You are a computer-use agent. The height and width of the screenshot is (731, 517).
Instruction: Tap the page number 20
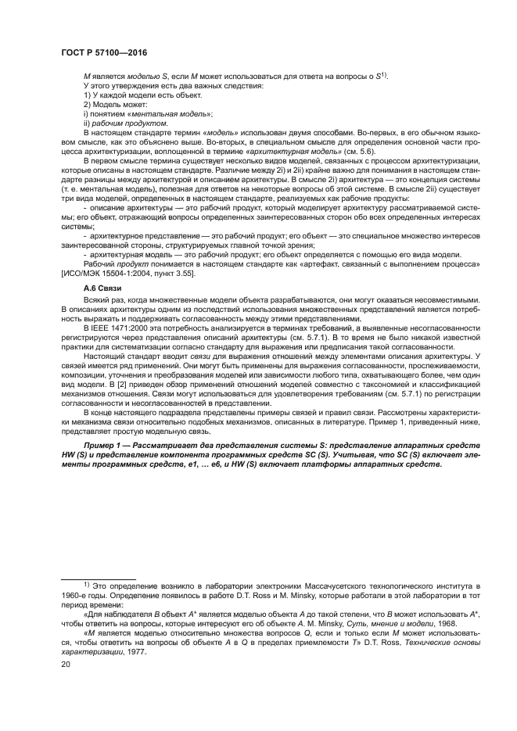click(x=66, y=665)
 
